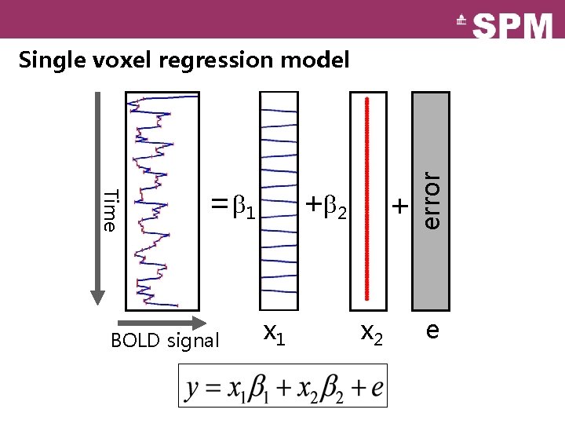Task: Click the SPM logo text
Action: pyautogui.click(x=513, y=25)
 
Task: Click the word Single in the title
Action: pyautogui.click(x=49, y=60)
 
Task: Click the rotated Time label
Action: pyautogui.click(x=111, y=210)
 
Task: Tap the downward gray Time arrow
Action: pyautogui.click(x=97, y=196)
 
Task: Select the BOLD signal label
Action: pyautogui.click(x=165, y=341)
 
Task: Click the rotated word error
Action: pyautogui.click(x=432, y=200)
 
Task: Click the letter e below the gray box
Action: pyautogui.click(x=432, y=331)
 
